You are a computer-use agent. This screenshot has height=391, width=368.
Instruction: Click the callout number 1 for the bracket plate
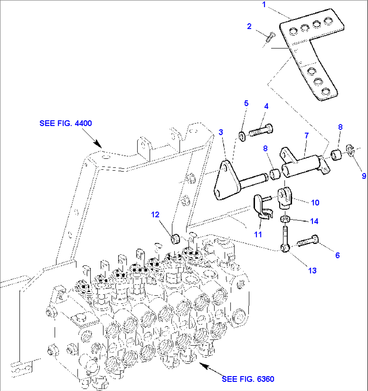click(x=264, y=5)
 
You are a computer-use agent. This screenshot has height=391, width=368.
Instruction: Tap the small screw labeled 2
click(x=270, y=37)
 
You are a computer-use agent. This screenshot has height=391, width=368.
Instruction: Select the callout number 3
click(x=221, y=132)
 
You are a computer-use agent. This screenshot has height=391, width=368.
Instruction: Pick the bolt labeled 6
click(x=308, y=242)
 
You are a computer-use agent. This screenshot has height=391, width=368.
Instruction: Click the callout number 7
click(x=307, y=136)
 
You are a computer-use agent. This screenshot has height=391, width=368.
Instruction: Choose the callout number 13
click(x=312, y=270)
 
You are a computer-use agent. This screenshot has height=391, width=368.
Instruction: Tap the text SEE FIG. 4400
click(x=65, y=123)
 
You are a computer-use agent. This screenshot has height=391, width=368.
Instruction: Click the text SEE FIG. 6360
click(x=248, y=379)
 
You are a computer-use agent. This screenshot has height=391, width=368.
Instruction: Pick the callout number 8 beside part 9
click(x=340, y=127)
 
